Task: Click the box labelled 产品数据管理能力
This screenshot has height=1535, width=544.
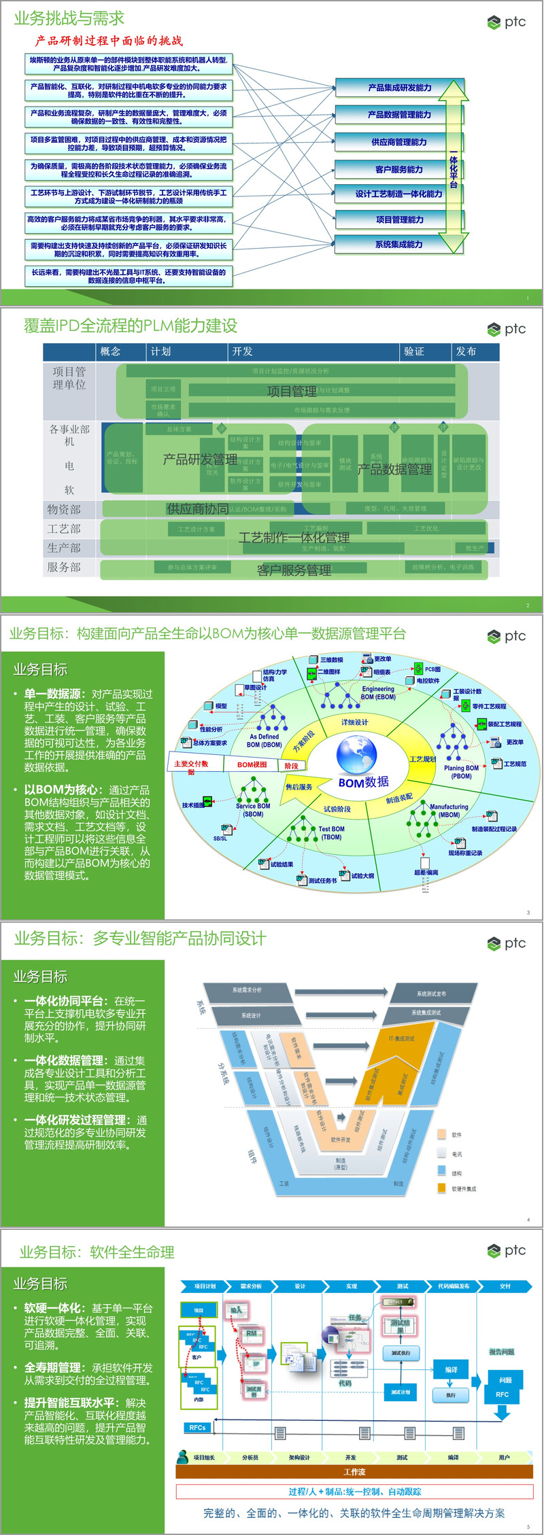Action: point(399,115)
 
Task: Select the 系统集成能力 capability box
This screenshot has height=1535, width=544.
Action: point(399,245)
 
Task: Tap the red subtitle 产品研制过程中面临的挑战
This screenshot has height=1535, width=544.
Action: point(109,41)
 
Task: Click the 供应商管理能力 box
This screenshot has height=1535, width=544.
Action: point(399,142)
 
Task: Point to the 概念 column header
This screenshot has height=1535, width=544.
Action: point(110,351)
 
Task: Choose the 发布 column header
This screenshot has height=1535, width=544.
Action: point(466,351)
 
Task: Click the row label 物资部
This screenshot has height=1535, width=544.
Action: point(64,509)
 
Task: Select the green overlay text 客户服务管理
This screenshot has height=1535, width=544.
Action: point(294,570)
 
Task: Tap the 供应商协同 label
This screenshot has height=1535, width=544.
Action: point(197,509)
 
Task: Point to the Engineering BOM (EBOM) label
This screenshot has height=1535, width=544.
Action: point(378,692)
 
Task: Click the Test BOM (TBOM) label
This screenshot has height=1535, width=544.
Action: point(331,832)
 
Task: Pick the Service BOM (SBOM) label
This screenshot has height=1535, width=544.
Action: point(253,809)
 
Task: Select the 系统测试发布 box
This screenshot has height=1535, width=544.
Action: point(431,993)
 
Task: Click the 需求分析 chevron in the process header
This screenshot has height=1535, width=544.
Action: point(251,1286)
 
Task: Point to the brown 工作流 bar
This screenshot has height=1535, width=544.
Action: point(354,1472)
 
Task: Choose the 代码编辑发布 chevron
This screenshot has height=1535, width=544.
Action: point(454,1286)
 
